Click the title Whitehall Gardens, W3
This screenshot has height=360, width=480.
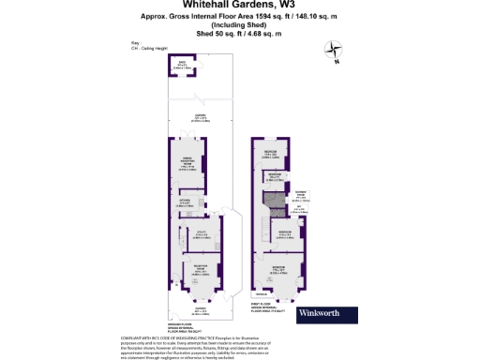[x=240, y=6]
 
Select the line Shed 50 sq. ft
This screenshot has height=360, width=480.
[x=239, y=33]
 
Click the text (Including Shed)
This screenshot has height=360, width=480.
[x=240, y=24]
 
